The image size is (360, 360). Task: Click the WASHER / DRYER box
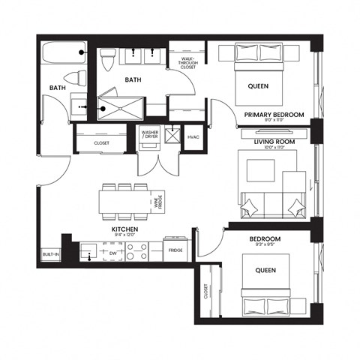point(149,136)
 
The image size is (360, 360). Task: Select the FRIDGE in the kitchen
point(175,250)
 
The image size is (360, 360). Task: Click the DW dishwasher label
point(112,254)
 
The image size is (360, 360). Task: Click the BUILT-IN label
point(50,256)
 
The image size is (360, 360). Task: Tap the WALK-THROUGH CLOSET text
point(187,63)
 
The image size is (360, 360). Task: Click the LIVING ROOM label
point(273,142)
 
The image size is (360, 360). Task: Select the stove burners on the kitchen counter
point(136,253)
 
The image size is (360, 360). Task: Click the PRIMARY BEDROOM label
point(273,115)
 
